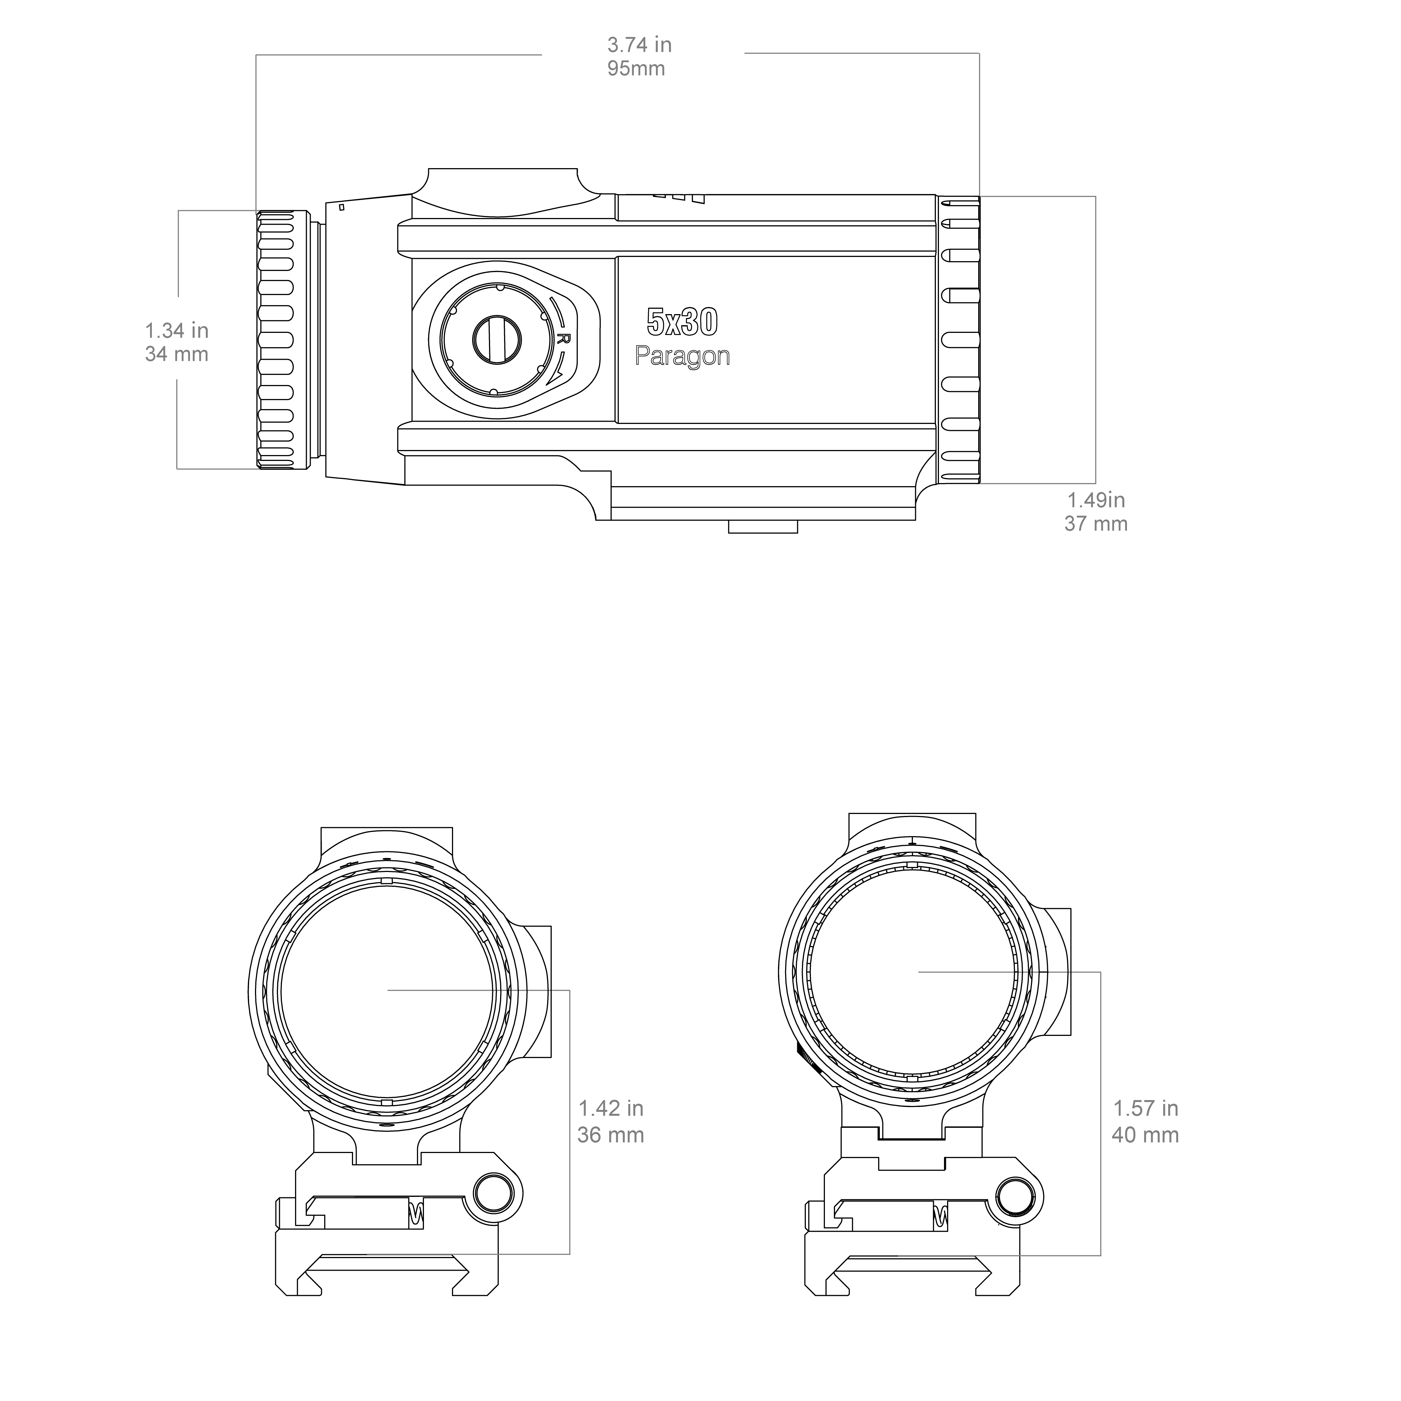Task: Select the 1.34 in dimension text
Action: pos(177,331)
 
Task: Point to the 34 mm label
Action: pos(177,355)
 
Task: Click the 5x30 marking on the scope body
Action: pos(682,322)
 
